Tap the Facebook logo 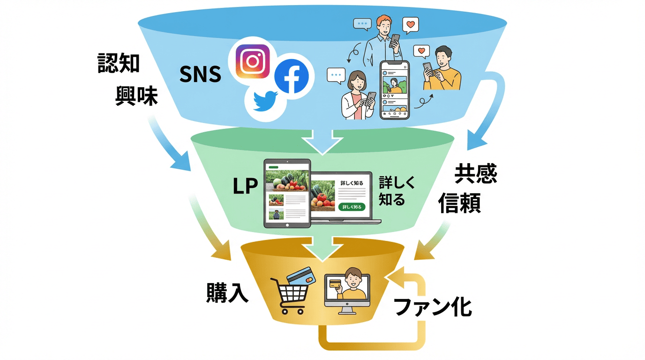click(291, 77)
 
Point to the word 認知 click(119, 63)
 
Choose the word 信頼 click(460, 203)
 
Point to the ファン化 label click(432, 307)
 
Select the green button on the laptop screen click(351, 207)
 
